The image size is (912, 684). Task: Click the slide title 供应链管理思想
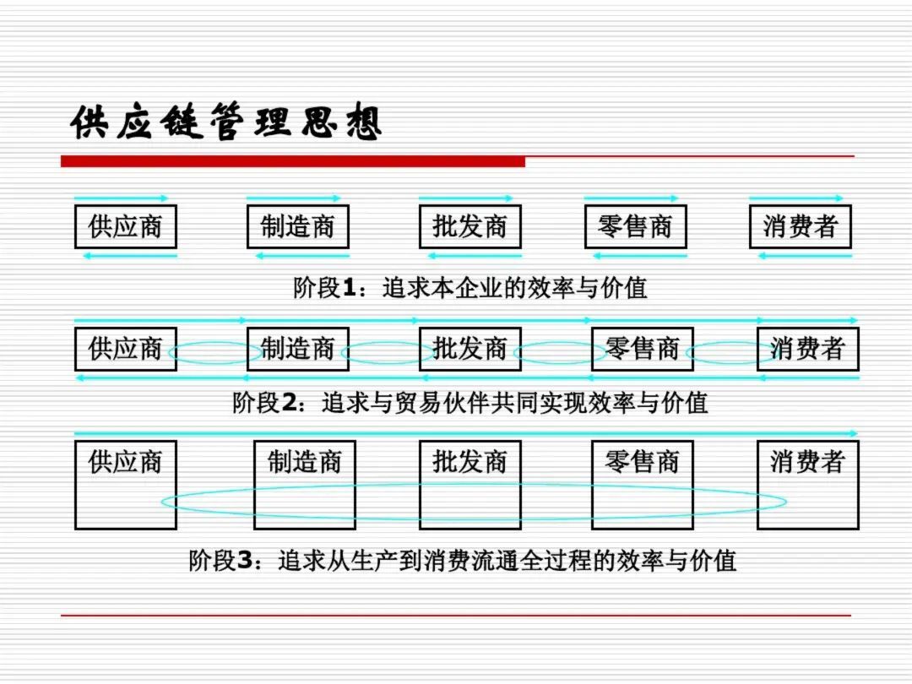(226, 122)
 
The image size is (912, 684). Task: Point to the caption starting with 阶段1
(470, 288)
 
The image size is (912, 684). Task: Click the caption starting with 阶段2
(470, 403)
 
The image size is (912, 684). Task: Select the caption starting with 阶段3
(463, 561)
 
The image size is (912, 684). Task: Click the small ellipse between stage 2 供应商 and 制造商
(214, 342)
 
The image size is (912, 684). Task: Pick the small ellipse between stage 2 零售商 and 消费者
(733, 342)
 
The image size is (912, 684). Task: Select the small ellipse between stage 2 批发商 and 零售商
(560, 342)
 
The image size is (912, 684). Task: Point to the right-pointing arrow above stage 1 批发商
(466, 198)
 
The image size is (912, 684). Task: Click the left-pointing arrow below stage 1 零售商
(640, 256)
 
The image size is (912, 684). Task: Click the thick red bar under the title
(293, 161)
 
